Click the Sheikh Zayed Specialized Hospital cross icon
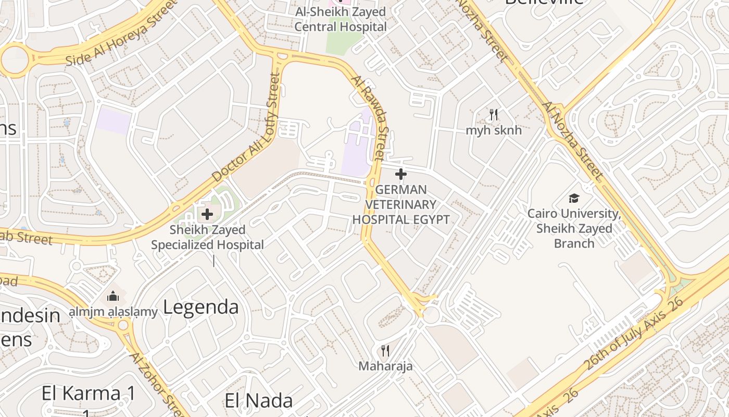click(207, 214)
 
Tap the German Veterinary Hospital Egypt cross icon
click(400, 174)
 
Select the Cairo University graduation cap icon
click(574, 198)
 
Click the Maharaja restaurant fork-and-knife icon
click(385, 351)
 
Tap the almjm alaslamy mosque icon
click(113, 297)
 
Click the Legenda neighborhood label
click(200, 307)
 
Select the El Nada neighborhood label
click(259, 401)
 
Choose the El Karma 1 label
click(89, 394)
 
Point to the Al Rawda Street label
click(371, 118)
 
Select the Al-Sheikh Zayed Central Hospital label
click(341, 19)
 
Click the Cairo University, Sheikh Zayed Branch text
click(574, 228)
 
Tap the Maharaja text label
click(385, 366)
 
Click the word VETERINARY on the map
click(400, 204)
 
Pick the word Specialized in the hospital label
click(207, 244)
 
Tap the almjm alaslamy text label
click(113, 312)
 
